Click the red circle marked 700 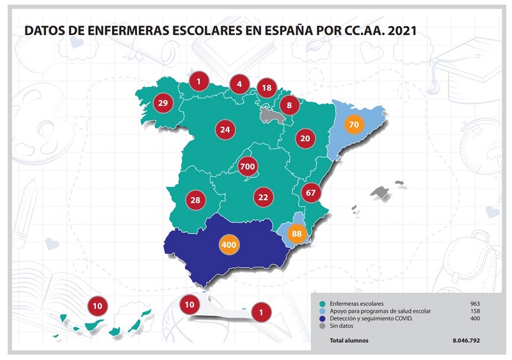click(247, 167)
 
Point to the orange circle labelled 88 click(296, 234)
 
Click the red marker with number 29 click(162, 103)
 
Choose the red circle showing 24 click(225, 130)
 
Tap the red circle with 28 click(195, 200)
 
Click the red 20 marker click(305, 138)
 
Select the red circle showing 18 click(267, 88)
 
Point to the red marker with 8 click(289, 105)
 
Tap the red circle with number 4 click(239, 83)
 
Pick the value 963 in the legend click(474, 302)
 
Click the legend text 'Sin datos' click(343, 326)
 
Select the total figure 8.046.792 click(465, 340)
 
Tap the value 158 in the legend click(474, 310)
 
